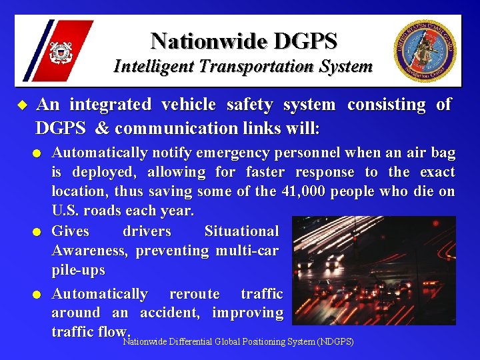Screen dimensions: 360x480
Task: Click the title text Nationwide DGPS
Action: coord(243,41)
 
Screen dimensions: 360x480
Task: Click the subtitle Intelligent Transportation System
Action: coord(243,67)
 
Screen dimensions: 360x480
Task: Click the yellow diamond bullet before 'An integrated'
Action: coord(21,105)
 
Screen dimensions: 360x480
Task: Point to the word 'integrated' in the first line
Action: coord(110,105)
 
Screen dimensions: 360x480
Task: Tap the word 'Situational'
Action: coord(241,231)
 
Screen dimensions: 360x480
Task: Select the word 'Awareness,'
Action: coord(91,251)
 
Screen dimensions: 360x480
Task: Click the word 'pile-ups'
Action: coord(79,270)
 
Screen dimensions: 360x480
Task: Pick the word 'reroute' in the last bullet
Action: coord(194,293)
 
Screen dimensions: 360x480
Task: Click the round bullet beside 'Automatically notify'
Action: coord(41,154)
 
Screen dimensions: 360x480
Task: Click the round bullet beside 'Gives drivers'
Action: coord(41,232)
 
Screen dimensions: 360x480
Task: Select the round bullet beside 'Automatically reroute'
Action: coord(41,294)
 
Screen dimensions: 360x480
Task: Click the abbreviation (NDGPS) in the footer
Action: coord(336,342)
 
